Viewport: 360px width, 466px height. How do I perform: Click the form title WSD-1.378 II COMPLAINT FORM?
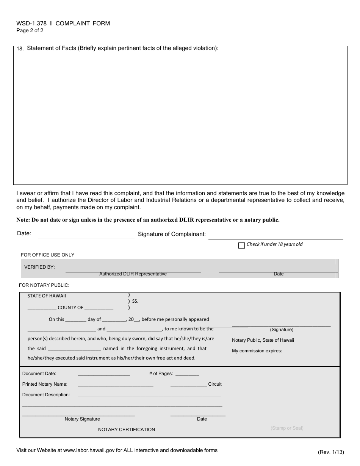tap(63, 23)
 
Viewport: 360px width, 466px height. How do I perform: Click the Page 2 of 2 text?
tap(30, 31)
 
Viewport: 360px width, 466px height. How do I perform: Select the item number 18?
tap(20, 49)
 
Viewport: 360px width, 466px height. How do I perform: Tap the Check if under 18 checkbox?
tap(241, 246)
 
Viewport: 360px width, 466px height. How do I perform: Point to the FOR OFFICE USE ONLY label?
tap(47, 255)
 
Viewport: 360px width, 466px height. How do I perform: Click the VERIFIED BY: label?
tap(39, 267)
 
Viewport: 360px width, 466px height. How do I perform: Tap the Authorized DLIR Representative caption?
tap(133, 274)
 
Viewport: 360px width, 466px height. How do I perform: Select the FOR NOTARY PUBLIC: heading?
tap(44, 285)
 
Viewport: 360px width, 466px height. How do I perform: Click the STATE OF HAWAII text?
tap(46, 296)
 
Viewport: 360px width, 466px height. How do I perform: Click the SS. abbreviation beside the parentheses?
tap(135, 302)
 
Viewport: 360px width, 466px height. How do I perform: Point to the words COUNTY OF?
tap(70, 308)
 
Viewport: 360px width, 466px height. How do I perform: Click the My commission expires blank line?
tap(305, 351)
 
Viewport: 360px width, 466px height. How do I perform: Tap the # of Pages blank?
tap(187, 374)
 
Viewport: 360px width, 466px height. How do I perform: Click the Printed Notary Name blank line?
tap(115, 384)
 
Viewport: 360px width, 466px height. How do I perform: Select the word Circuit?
tap(215, 384)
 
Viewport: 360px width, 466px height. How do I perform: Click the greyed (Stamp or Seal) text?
tap(287, 428)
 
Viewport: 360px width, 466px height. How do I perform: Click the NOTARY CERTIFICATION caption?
tap(127, 430)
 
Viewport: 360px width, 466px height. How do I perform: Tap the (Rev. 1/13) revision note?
tap(331, 452)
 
